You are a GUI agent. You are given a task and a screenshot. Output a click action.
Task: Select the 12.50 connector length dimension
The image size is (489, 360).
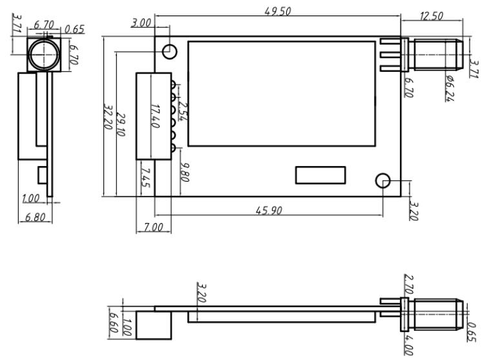pos(431,16)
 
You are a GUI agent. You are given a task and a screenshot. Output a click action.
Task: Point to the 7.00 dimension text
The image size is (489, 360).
pos(152,228)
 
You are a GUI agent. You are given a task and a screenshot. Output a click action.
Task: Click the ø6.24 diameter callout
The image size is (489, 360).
pos(450,88)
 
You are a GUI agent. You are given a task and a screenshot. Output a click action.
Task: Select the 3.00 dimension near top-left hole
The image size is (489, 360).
pos(141,23)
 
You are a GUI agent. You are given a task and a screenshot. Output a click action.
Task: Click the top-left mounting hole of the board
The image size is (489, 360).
pos(170,51)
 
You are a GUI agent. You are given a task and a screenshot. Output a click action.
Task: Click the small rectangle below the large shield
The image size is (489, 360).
pos(320,175)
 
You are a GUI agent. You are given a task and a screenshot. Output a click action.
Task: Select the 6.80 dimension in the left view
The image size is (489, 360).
pos(34,218)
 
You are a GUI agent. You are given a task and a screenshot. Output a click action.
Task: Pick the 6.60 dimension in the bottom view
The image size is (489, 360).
pos(114,320)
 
